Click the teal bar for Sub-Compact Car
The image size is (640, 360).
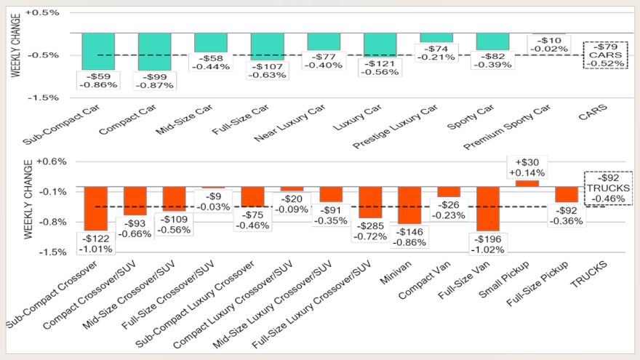click(98, 51)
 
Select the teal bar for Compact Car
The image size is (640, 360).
click(154, 51)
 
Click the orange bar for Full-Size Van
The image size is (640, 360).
click(487, 208)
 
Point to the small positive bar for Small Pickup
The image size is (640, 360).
click(527, 183)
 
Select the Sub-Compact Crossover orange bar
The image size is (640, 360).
click(96, 208)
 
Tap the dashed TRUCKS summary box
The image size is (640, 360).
click(604, 188)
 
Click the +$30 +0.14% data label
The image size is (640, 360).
click(527, 168)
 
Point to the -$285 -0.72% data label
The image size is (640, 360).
click(370, 231)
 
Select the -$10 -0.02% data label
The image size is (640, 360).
click(548, 44)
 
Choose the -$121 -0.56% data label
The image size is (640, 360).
click(380, 67)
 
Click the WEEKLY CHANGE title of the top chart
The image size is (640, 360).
click(15, 55)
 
